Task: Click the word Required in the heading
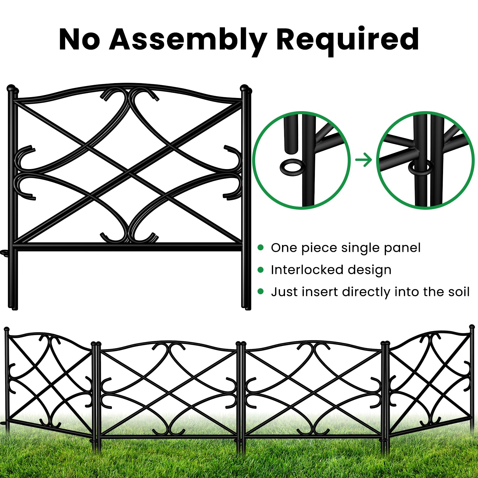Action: point(347,39)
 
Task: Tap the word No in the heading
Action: point(79,40)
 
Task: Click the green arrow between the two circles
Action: point(363,160)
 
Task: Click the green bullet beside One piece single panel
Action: point(261,247)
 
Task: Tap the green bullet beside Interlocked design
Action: point(261,270)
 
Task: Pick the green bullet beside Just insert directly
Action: point(261,292)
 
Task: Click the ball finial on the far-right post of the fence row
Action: point(472,327)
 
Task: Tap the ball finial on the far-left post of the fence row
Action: point(6,329)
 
